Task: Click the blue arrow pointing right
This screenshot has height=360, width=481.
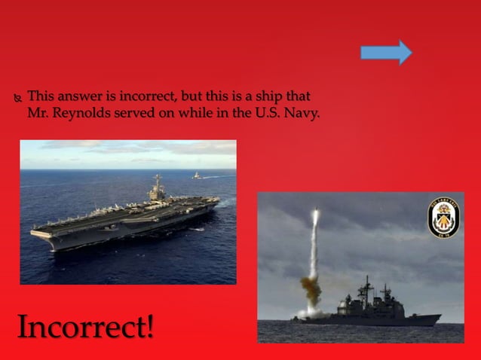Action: coord(386,52)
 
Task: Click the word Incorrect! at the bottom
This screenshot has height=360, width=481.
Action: coord(85,327)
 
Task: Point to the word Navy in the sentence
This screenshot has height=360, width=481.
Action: coord(304,114)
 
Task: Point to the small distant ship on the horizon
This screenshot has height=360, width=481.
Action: coord(197,175)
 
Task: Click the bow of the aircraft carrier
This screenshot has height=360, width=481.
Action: coord(36,232)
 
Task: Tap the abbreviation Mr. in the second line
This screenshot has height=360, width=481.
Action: coord(37,114)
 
